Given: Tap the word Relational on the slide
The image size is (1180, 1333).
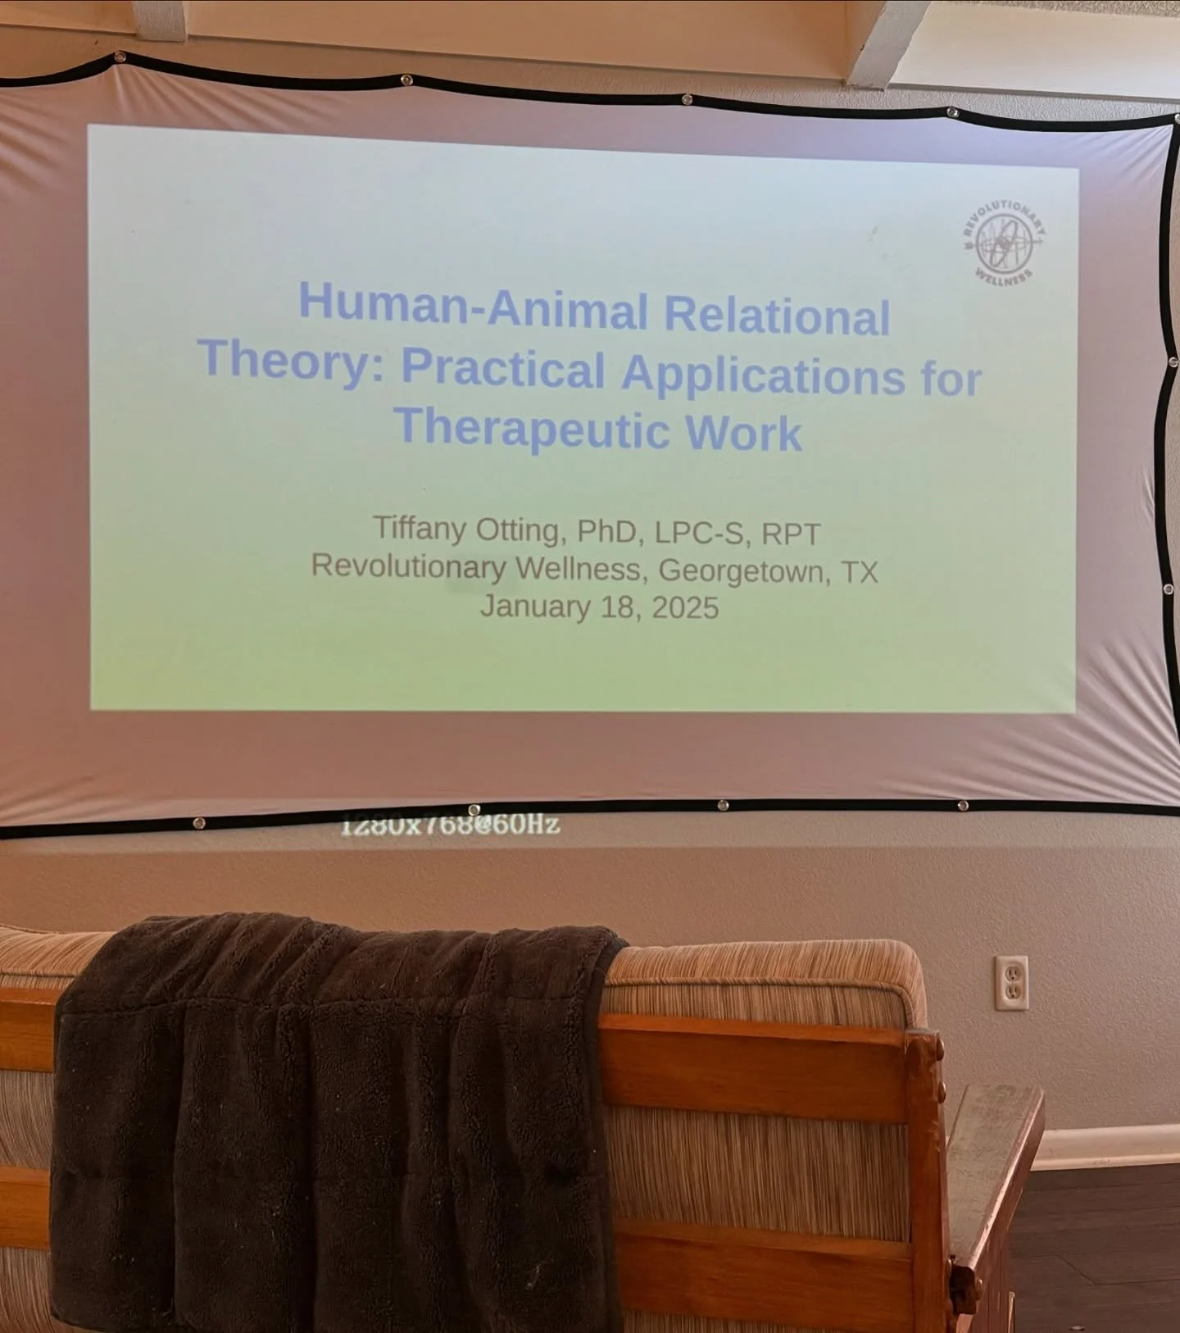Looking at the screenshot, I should [x=776, y=315].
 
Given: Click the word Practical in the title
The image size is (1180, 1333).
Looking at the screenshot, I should [x=502, y=369].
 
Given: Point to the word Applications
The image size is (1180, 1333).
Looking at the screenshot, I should [x=763, y=375].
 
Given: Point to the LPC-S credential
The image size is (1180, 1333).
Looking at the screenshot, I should [x=700, y=533].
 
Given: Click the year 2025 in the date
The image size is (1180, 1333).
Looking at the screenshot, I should [x=685, y=608].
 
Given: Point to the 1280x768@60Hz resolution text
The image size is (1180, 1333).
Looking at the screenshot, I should [x=450, y=825].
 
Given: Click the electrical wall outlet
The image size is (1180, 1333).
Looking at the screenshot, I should [x=1010, y=982].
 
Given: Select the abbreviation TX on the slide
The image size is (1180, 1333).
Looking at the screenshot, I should [x=860, y=572].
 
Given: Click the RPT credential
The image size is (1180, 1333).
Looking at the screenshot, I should [x=791, y=535].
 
